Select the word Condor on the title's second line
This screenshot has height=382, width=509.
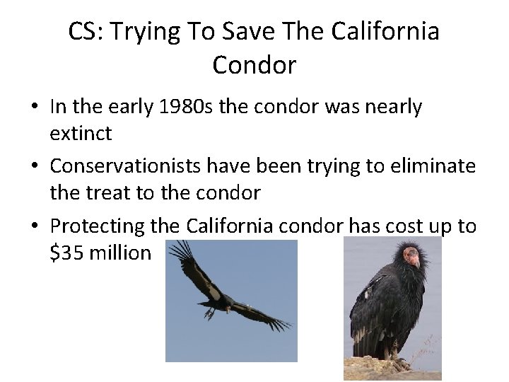(x=254, y=66)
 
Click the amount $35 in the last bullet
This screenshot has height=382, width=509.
(x=66, y=252)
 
